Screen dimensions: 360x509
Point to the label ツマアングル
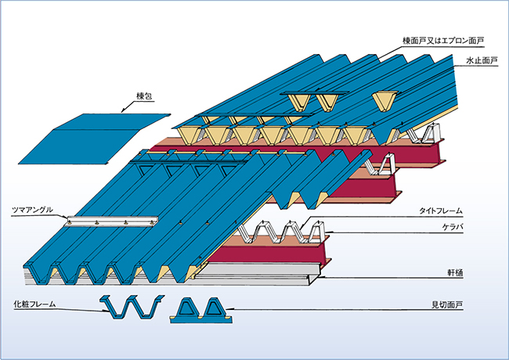pyautogui.click(x=33, y=210)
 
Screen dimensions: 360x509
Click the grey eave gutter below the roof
pyautogui.click(x=258, y=272)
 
